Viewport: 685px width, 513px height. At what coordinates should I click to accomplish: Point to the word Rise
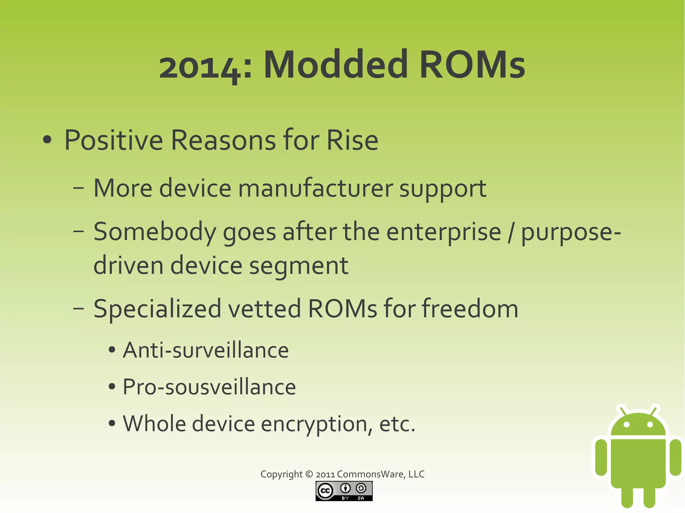[x=352, y=140]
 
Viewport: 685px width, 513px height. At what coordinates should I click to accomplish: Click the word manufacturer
[x=315, y=188]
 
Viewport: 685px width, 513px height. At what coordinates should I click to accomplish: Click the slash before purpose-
[x=510, y=232]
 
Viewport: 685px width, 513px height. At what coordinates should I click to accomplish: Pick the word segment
[x=299, y=265]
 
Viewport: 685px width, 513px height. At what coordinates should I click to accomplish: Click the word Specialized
[x=157, y=309]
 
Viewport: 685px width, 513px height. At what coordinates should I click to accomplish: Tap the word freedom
[x=470, y=308]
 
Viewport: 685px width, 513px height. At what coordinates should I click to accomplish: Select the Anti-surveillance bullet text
[x=205, y=350]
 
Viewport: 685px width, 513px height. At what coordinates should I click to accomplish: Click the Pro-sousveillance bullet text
[x=209, y=387]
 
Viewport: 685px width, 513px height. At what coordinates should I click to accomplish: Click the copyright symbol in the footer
[x=309, y=474]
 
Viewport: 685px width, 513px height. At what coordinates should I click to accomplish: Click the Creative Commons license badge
[x=344, y=491]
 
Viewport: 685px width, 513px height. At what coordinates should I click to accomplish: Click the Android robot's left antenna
[x=623, y=411]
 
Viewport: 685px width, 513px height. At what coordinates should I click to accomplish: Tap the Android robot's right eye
[x=650, y=425]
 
